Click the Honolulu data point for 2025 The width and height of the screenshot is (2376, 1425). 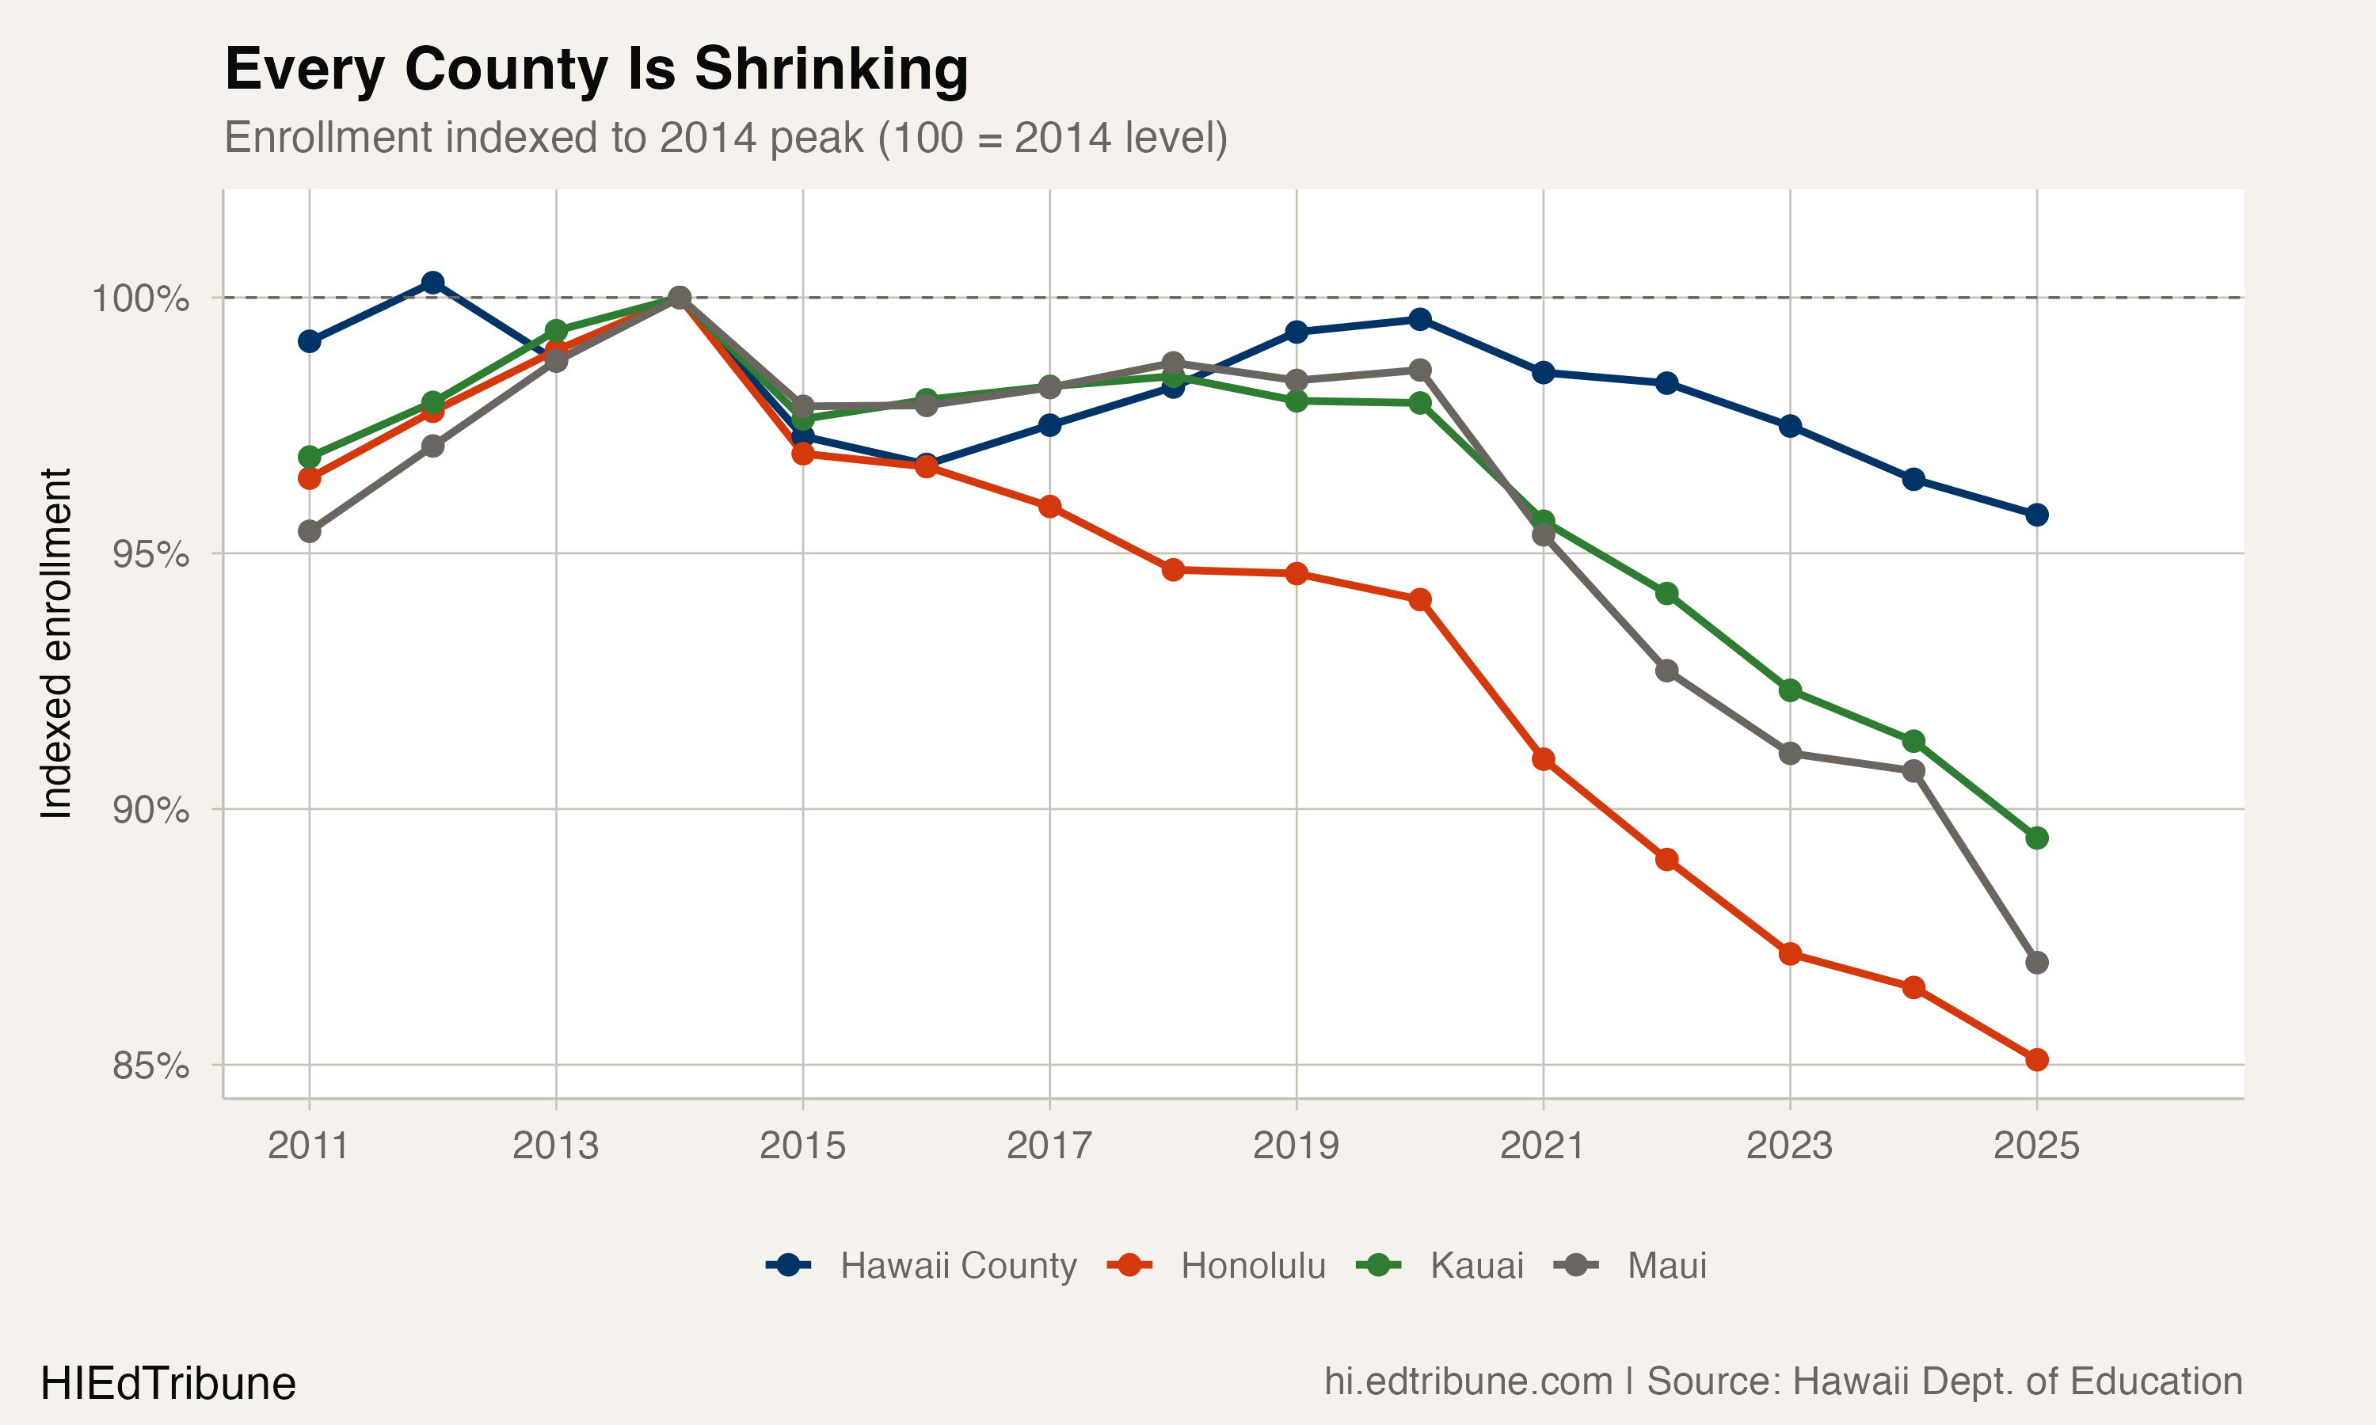2036,1060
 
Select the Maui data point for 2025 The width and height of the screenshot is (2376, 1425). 2036,962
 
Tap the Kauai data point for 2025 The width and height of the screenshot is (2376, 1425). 2036,838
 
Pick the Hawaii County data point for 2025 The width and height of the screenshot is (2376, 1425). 2036,515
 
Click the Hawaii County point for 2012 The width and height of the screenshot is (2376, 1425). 433,283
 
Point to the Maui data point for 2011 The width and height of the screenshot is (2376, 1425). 309,531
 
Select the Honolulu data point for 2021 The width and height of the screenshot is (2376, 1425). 1544,759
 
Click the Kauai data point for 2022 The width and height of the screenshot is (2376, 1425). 1667,595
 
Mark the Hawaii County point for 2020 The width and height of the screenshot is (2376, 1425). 1419,320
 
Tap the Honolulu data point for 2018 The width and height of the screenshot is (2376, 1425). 1173,569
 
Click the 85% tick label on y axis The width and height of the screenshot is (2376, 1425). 150,1066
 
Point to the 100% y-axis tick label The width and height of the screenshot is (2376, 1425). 140,298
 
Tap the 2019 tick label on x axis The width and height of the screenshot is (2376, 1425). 1296,1146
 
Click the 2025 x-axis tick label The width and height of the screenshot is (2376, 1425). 2036,1146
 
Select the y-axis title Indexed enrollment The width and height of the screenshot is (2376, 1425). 55,644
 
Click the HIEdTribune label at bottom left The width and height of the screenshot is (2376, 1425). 168,1384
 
